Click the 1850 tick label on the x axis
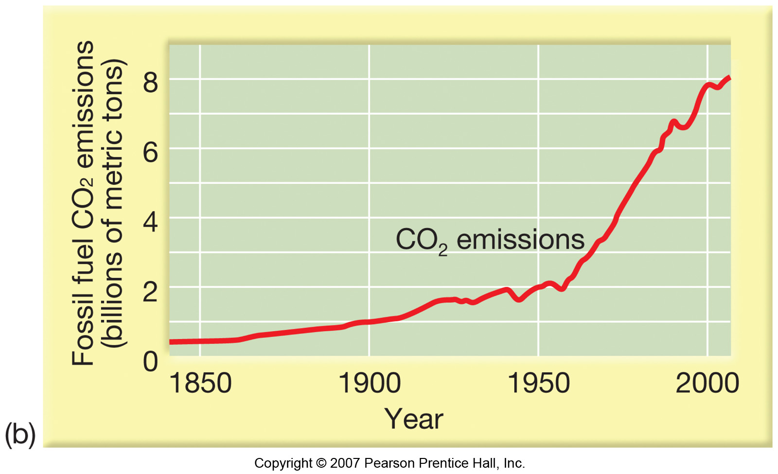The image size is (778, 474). (200, 383)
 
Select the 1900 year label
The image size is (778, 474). (370, 383)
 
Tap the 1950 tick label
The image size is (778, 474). (539, 383)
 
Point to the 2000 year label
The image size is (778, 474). (707, 383)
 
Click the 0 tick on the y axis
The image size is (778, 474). (150, 362)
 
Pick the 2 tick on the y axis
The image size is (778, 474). (150, 292)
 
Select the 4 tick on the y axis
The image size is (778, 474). (150, 223)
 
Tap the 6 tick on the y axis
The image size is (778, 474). (150, 153)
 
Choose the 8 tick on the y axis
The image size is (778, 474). (150, 84)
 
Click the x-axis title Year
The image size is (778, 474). (413, 419)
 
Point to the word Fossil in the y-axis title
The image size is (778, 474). (83, 331)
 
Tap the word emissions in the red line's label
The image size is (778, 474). (520, 240)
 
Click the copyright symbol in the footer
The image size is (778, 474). (321, 463)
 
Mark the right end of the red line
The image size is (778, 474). (729, 77)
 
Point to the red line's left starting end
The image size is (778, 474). (170, 342)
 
